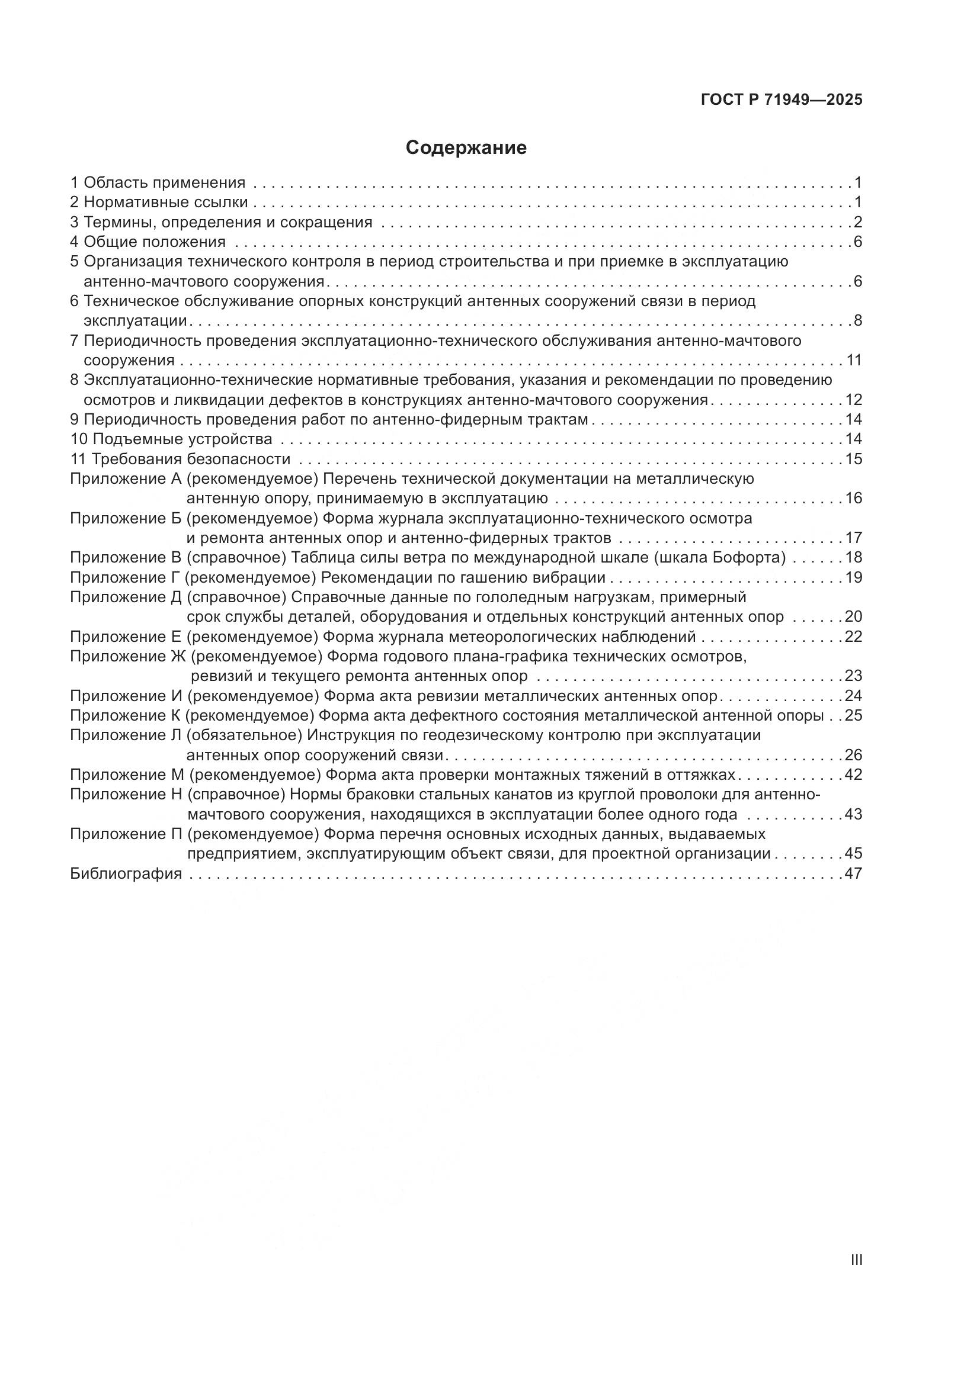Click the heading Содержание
[x=466, y=148]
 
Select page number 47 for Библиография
[x=853, y=873]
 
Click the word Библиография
[x=126, y=873]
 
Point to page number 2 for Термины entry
[x=857, y=222]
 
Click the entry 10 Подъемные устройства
[x=171, y=439]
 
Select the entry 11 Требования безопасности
[x=181, y=459]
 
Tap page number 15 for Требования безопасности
[x=853, y=459]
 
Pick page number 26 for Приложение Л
[x=853, y=755]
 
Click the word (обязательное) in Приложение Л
[x=244, y=735]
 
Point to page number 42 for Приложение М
[x=853, y=775]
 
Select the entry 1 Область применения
[x=158, y=182]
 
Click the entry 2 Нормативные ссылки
[x=159, y=202]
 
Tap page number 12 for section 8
[x=853, y=400]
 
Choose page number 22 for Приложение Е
[x=853, y=637]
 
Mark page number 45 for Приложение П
[x=853, y=854]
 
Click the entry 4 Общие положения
[x=149, y=242]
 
